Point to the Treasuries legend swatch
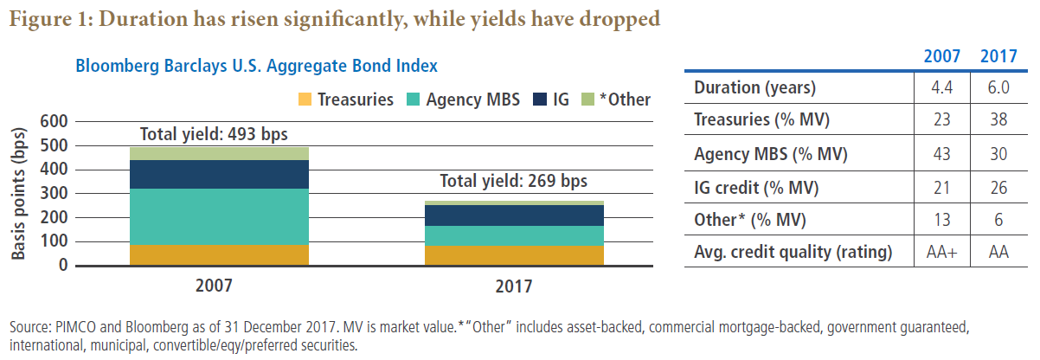pyautogui.click(x=303, y=99)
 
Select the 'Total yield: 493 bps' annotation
pyautogui.click(x=214, y=134)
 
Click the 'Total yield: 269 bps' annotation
pyautogui.click(x=513, y=182)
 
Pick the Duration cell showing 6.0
pyautogui.click(x=998, y=87)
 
